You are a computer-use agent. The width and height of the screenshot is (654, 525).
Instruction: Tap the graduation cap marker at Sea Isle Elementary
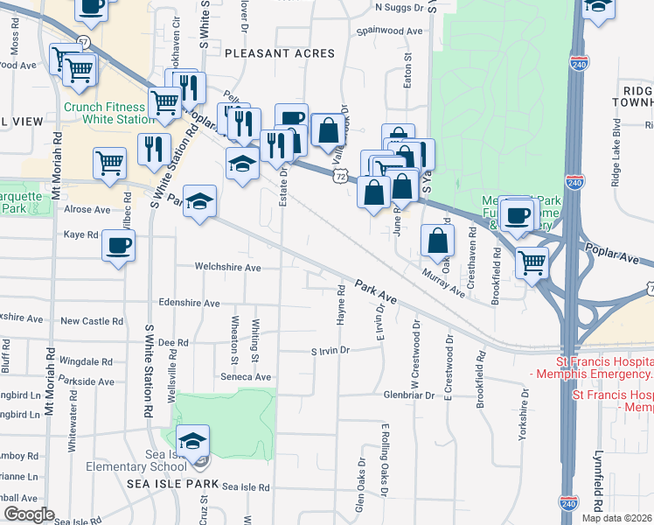tap(192, 440)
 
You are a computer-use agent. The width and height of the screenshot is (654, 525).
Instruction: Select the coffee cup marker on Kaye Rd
tap(118, 245)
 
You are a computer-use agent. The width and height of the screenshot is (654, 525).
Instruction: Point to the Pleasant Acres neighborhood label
tap(280, 53)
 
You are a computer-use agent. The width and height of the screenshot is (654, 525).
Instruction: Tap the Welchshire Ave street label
tap(228, 267)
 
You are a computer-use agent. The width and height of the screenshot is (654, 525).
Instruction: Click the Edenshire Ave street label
tap(189, 303)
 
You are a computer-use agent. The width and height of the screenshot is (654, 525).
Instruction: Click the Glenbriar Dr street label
tap(408, 395)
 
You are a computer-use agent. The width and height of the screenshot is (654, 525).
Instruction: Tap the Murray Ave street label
tap(442, 283)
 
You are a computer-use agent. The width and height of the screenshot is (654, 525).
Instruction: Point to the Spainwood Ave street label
tap(389, 31)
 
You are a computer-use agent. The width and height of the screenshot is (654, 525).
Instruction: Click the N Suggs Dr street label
tap(398, 7)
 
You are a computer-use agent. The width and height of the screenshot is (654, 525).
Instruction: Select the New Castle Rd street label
tap(86, 321)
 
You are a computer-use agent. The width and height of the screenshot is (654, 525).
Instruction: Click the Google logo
tap(29, 514)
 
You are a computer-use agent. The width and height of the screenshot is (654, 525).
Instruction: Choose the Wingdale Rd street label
tap(86, 361)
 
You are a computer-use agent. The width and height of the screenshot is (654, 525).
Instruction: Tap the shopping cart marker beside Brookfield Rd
tap(532, 262)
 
